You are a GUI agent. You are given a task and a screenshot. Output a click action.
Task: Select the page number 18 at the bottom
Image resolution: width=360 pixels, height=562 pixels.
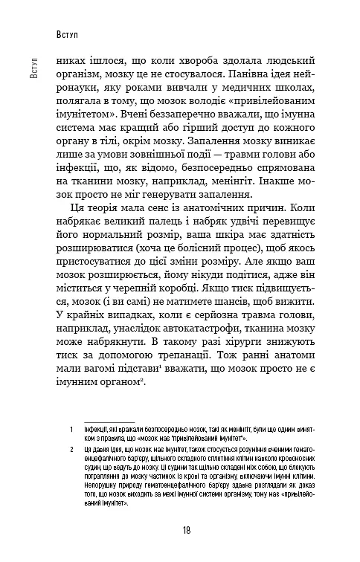186,529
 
